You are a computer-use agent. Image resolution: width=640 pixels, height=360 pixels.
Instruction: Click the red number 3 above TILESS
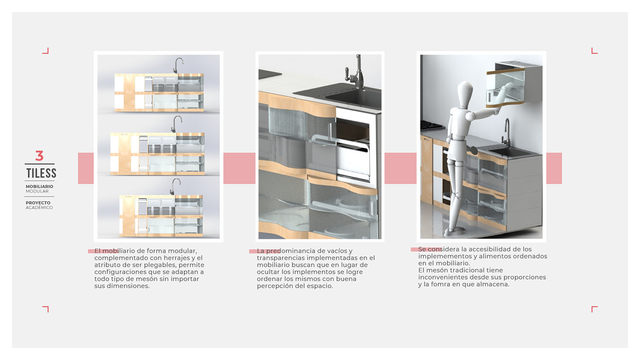pos(39,156)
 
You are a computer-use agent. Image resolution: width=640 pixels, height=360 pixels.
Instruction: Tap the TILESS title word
pos(41,173)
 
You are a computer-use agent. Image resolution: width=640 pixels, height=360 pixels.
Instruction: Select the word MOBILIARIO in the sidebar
pos(39,186)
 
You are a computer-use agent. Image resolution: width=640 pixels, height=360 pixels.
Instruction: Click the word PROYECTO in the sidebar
pos(38,203)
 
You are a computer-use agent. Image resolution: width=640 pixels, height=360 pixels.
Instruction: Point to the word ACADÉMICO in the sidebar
pos(39,207)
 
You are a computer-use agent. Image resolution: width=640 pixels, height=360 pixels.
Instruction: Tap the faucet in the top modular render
pos(178,66)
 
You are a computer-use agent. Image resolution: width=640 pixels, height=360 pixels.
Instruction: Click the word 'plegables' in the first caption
pos(160,265)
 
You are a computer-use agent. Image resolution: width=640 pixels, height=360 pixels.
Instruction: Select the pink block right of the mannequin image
pos(554,168)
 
